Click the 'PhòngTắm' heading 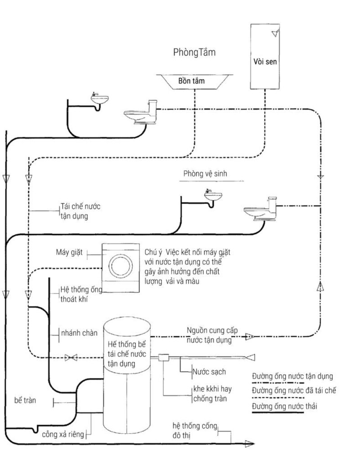194,53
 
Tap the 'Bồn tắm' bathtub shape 193,81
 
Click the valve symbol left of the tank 71,358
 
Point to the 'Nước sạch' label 209,372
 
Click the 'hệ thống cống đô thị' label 195,430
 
